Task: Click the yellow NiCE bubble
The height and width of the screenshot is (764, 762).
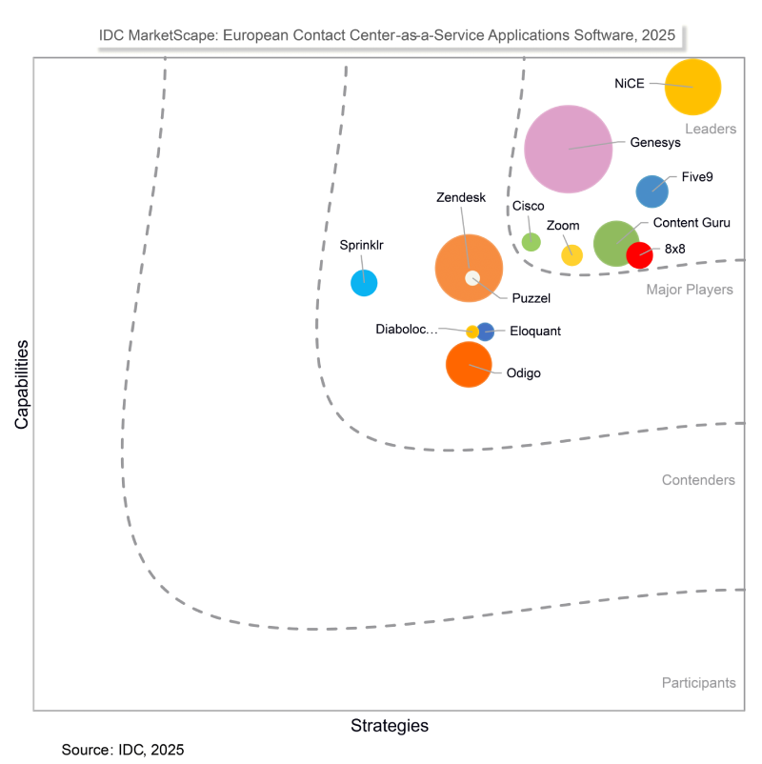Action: (692, 87)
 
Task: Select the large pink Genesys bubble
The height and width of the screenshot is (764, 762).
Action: (568, 148)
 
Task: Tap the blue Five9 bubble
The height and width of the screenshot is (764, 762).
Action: (652, 191)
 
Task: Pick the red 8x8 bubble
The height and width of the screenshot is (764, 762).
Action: (639, 254)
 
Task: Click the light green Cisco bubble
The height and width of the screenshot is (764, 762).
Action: (531, 242)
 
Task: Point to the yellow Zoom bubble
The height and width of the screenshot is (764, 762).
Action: (571, 254)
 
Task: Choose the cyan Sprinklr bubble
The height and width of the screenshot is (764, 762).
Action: (364, 283)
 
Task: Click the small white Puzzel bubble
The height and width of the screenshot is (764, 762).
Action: (472, 278)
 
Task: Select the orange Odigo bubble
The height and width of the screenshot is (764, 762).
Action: (469, 364)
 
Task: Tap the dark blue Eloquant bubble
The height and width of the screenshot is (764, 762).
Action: (486, 332)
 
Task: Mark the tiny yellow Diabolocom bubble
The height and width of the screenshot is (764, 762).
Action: (472, 332)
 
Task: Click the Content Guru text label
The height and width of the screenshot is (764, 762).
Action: (692, 223)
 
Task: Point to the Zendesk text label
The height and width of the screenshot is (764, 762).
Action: (461, 198)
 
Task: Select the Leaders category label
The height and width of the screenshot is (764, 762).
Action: (710, 129)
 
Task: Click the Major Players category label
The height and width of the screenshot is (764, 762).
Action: (690, 290)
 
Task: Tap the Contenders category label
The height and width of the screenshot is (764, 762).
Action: (698, 480)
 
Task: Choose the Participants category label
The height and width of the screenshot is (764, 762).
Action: (698, 682)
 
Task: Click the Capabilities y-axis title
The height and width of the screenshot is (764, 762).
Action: (22, 385)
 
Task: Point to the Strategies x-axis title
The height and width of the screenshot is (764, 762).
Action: (390, 726)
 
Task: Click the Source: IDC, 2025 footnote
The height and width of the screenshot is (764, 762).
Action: (123, 750)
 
